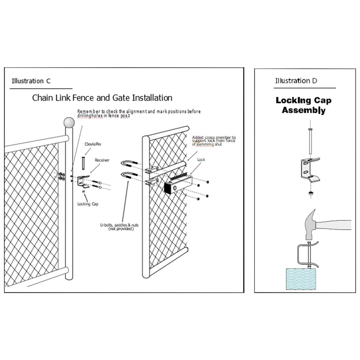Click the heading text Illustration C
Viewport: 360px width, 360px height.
[x=31, y=81]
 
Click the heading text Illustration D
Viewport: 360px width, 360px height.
[x=296, y=81]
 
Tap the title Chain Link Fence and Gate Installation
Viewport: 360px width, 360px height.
[x=102, y=98]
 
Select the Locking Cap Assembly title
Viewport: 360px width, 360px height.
[x=303, y=105]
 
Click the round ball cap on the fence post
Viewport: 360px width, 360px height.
[x=69, y=122]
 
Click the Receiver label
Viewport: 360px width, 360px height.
[x=102, y=160]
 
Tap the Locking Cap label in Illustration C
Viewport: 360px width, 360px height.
[x=87, y=204]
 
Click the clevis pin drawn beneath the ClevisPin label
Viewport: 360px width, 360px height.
[x=83, y=163]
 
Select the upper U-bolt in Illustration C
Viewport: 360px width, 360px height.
[x=128, y=166]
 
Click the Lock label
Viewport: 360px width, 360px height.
[x=201, y=159]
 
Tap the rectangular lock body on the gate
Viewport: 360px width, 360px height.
[x=176, y=185]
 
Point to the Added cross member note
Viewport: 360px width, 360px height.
[x=214, y=141]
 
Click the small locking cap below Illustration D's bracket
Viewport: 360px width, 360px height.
[x=309, y=194]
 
